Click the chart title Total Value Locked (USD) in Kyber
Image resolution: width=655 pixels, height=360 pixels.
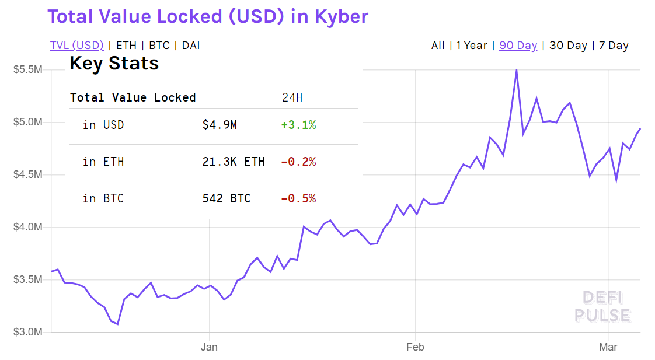(208, 16)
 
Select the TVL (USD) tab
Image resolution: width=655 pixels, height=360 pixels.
(76, 46)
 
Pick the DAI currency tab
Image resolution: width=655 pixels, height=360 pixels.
(191, 46)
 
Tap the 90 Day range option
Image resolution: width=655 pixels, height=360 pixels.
(518, 46)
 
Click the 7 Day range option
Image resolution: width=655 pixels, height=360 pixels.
(614, 46)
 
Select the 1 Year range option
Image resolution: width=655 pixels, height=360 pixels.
(472, 46)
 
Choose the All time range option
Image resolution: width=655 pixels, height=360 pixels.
(438, 46)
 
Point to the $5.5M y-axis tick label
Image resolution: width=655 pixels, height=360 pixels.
(27, 70)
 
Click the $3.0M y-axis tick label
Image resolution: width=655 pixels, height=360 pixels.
(27, 332)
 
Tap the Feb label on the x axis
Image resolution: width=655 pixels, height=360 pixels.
(415, 348)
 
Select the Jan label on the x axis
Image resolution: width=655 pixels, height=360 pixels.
(209, 348)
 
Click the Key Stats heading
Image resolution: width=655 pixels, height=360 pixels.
(114, 64)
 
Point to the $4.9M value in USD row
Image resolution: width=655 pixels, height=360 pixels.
(220, 125)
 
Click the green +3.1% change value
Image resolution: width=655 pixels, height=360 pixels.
(298, 125)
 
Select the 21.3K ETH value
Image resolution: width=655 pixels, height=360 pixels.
(234, 162)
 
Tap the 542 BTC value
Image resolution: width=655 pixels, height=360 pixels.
(227, 198)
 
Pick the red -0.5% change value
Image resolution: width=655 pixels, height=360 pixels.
(298, 198)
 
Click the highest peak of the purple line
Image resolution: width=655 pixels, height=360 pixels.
(517, 70)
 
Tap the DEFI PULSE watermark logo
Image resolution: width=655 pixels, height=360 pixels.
(602, 307)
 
